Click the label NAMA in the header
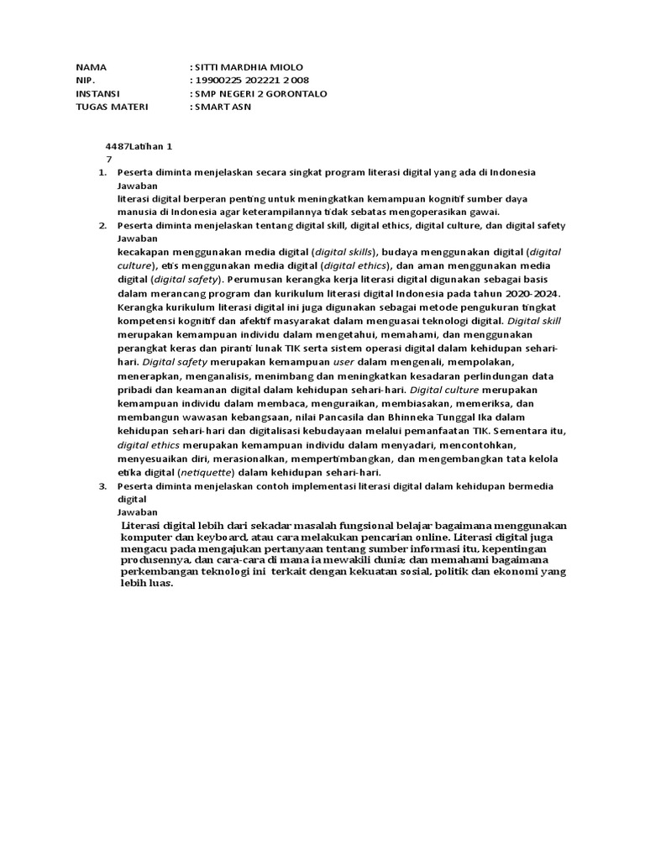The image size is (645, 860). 92,67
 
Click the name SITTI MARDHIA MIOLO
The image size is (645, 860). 249,67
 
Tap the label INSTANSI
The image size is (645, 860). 97,93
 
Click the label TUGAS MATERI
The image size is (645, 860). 112,107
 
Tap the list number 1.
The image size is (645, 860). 102,172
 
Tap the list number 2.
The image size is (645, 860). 102,226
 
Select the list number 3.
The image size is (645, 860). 102,486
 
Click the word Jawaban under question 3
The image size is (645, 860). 137,511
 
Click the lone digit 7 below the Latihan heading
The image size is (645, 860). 109,159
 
